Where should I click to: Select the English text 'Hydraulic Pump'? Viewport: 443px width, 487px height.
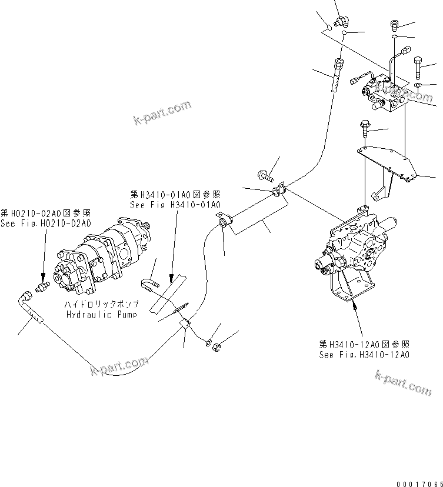point(102,314)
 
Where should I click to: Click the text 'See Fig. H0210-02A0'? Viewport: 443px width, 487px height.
point(46,224)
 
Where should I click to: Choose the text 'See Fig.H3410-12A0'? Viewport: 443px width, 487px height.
point(364,355)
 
